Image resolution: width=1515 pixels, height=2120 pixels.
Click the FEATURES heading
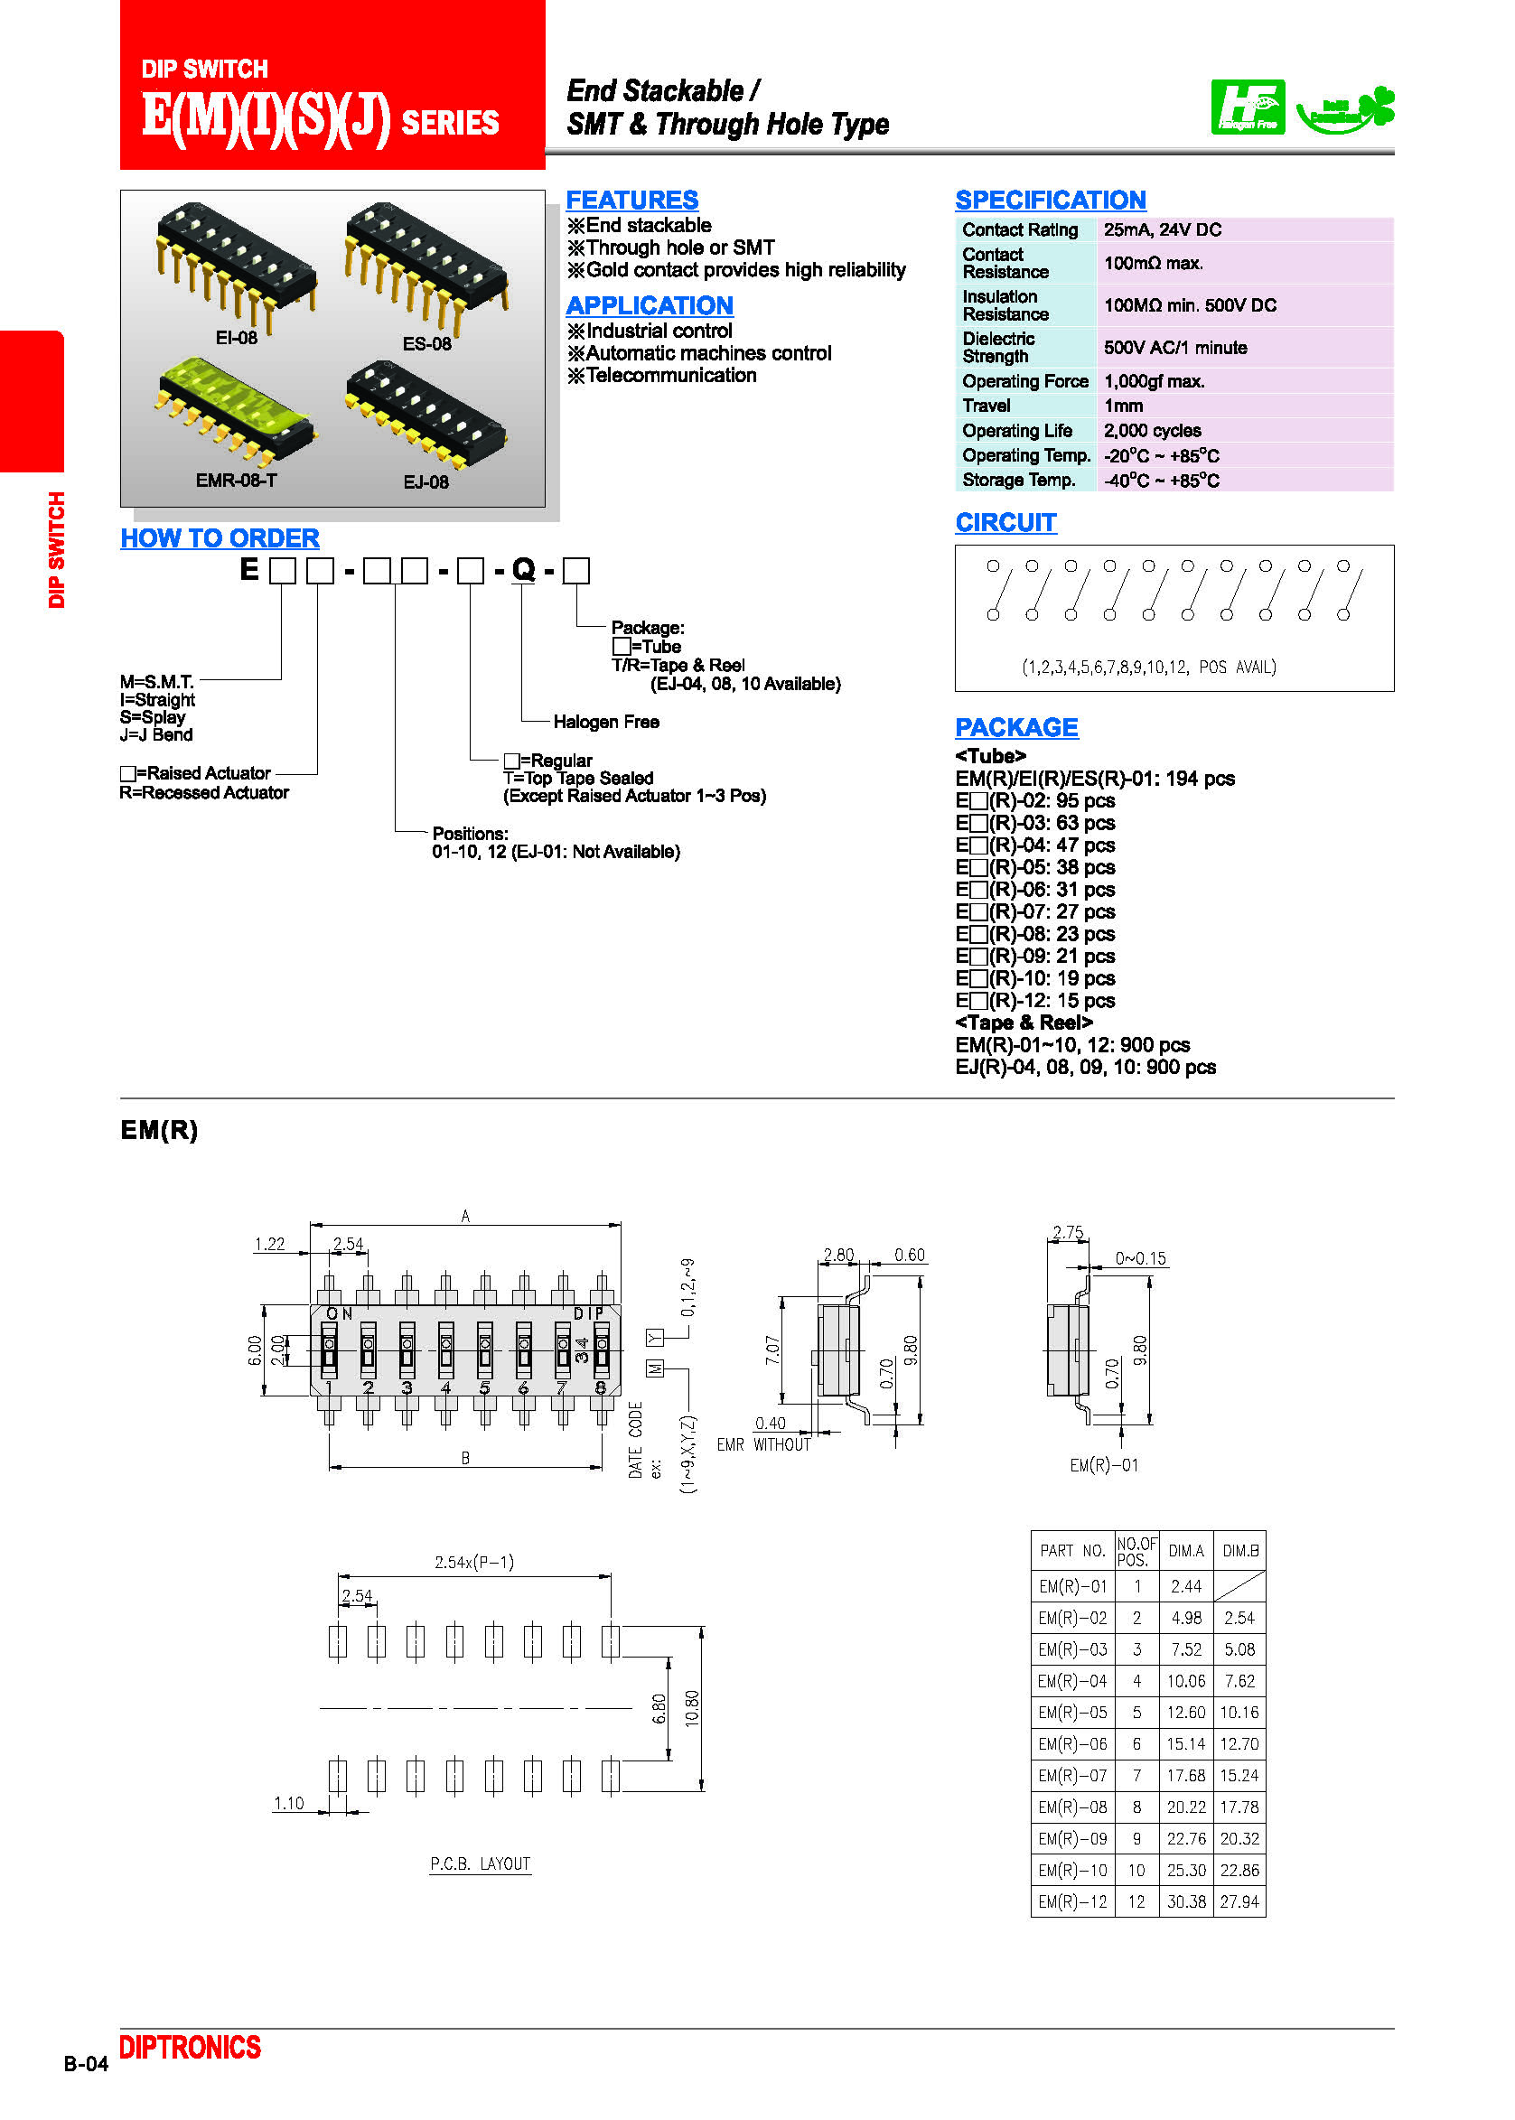tap(631, 200)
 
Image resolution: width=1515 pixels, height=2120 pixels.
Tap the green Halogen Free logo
tap(1247, 107)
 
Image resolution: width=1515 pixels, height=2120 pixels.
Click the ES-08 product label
tap(426, 343)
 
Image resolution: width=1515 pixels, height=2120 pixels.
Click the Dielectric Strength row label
tap(997, 347)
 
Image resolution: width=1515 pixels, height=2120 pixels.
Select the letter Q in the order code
tap(523, 569)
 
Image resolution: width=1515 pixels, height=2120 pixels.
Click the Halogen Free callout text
tap(605, 721)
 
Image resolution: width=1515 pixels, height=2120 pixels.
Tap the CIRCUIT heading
tap(1005, 522)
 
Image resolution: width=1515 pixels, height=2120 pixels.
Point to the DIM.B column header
tap(1239, 1550)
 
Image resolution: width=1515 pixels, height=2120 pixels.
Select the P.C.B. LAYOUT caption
tap(480, 1863)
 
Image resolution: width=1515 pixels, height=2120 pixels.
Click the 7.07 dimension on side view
tap(772, 1350)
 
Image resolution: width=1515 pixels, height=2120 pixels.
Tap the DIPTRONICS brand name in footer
tap(190, 2047)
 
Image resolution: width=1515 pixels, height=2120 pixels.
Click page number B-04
tap(86, 2063)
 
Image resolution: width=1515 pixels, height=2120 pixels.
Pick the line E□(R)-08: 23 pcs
tap(1034, 933)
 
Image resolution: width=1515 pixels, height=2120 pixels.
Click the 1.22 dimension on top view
tap(268, 1243)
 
